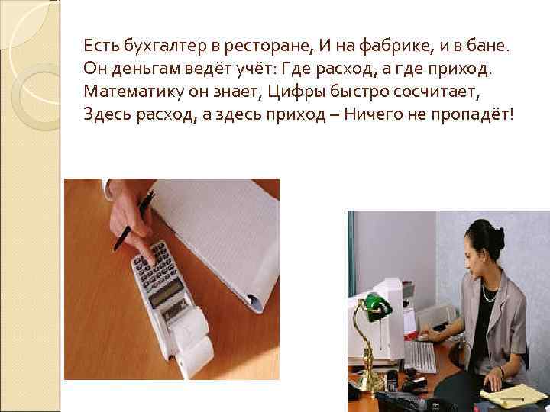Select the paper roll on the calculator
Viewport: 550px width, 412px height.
point(192,351)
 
